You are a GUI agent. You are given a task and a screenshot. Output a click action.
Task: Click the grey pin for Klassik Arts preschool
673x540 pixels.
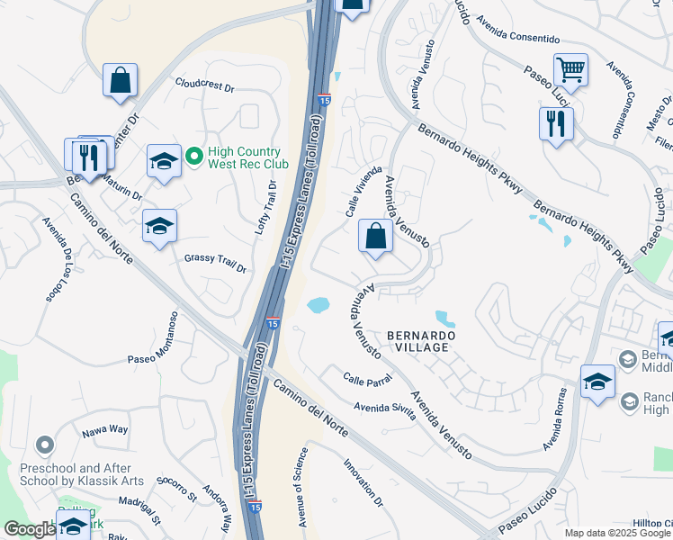(x=43, y=445)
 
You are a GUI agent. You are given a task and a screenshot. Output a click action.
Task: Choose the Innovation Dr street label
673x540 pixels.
(x=363, y=482)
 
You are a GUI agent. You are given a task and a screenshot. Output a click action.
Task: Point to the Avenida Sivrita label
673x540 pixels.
(x=384, y=410)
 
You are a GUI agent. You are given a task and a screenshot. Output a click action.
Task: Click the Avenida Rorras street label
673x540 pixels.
(x=553, y=419)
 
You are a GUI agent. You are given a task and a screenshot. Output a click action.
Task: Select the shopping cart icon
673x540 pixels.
(x=570, y=69)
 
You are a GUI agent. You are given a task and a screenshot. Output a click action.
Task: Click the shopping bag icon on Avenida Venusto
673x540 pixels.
(x=374, y=236)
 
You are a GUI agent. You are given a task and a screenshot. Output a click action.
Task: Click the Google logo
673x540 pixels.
(x=29, y=530)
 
